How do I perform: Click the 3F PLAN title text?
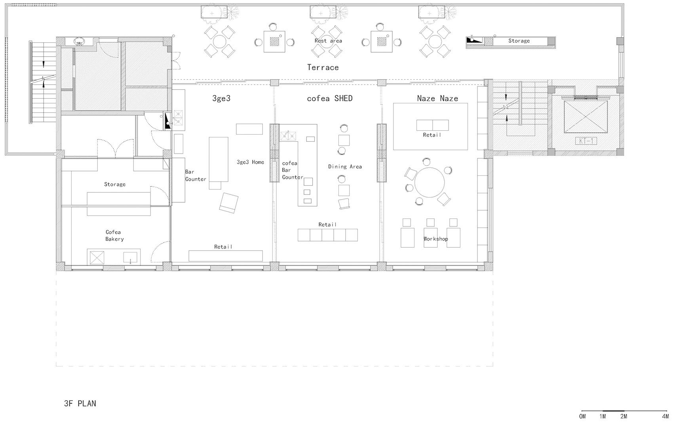[80, 404]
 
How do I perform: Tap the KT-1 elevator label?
[586, 141]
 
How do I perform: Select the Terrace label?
[323, 67]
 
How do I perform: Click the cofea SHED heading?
[330, 98]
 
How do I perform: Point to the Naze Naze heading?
[437, 98]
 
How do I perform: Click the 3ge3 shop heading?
[221, 98]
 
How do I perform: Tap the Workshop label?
[435, 239]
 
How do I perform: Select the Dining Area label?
[345, 167]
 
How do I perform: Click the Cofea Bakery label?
[114, 236]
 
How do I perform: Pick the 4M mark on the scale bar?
[665, 416]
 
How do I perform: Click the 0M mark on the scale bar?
[582, 416]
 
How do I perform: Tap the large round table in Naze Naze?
[430, 183]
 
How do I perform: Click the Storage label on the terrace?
[519, 41]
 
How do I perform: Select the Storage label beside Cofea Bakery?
[115, 184]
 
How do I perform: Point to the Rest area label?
[328, 41]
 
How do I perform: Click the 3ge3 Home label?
[250, 162]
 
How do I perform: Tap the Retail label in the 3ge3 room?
[223, 247]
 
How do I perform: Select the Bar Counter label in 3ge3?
[195, 175]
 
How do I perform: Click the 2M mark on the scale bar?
[624, 416]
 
